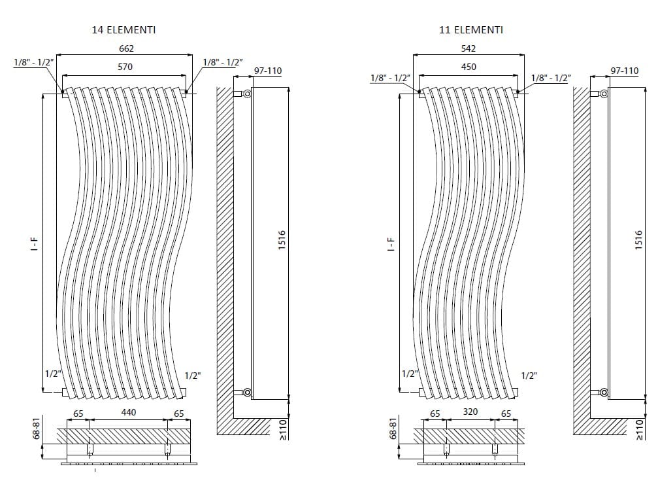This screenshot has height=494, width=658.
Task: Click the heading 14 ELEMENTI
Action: coord(124,29)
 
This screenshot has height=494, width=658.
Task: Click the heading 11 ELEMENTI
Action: coord(470,29)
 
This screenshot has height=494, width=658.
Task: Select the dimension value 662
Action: coord(127,48)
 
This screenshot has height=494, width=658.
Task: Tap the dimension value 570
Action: coord(125,67)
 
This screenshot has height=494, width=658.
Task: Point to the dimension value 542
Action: coord(469,48)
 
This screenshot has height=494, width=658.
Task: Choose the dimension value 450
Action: coord(469,67)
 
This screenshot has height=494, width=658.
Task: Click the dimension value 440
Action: coord(128,412)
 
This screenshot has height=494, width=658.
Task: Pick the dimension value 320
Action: coord(470,412)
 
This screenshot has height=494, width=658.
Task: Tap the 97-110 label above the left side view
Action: coord(268,70)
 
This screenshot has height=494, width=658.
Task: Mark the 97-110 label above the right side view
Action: coord(624,70)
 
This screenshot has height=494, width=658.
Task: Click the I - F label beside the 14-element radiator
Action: coord(35,245)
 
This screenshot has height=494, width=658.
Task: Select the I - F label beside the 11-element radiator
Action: coord(391,245)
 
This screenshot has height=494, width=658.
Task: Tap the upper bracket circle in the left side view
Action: coord(247,94)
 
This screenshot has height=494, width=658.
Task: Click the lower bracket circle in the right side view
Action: coord(603,393)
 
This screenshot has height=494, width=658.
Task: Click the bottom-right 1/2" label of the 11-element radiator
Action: coord(529,376)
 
